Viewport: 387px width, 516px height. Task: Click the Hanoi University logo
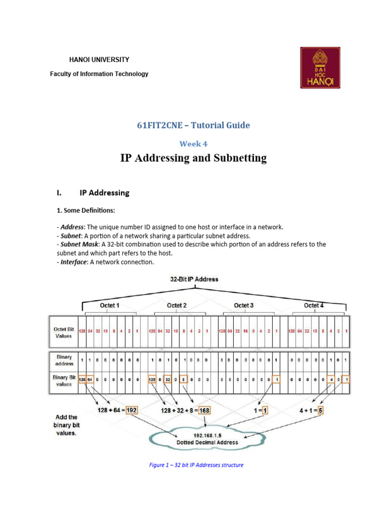[x=320, y=68]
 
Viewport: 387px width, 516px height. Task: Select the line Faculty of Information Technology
[x=99, y=74]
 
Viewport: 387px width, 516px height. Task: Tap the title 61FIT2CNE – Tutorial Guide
[x=193, y=125]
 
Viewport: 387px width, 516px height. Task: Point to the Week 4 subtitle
[x=193, y=144]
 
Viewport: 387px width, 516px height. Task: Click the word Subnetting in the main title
[x=239, y=158]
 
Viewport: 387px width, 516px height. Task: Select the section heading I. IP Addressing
[x=93, y=192]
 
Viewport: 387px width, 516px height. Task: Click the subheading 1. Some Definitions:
[x=85, y=210]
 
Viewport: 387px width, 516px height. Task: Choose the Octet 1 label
[x=110, y=305]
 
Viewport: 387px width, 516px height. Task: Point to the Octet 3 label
[x=244, y=305]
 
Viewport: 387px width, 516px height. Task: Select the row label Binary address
[x=63, y=360]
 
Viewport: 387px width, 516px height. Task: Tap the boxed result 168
[x=204, y=410]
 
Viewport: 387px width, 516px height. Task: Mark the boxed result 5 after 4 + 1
[x=320, y=410]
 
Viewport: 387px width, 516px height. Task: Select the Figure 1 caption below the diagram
[x=196, y=465]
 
